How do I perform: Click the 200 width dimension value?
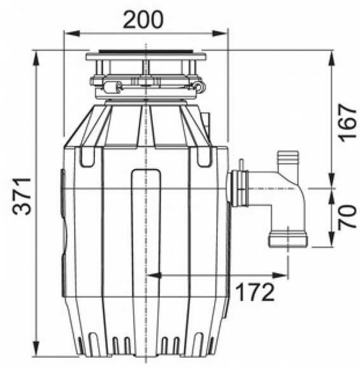143,20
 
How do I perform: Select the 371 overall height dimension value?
22,196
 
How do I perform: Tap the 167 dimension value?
347,122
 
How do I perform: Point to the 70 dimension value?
347,216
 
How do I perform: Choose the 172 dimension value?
255,292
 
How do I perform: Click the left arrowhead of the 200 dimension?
73,33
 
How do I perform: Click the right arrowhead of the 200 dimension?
220,33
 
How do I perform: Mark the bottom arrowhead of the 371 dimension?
36,348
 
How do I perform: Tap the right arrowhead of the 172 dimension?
280,276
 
